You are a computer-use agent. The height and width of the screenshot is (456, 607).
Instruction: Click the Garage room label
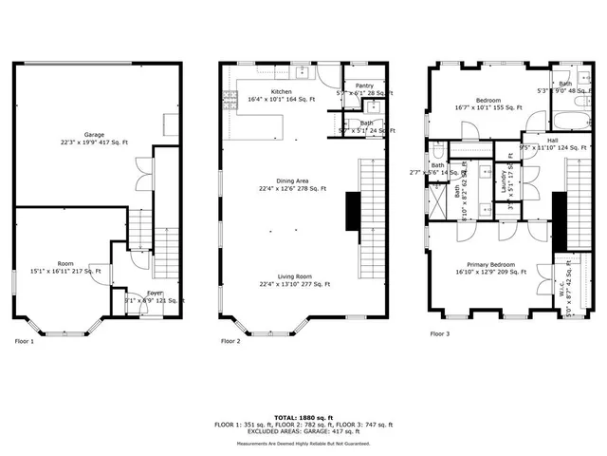[x=93, y=134]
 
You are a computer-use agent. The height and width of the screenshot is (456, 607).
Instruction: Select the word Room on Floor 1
[x=64, y=263]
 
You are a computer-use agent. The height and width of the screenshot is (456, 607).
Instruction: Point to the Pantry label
[x=364, y=85]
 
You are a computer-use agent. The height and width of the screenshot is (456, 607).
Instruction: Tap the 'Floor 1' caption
[x=24, y=339]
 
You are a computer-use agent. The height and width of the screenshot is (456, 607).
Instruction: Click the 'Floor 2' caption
[x=230, y=339]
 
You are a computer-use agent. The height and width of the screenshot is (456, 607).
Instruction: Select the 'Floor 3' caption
[x=439, y=333]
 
